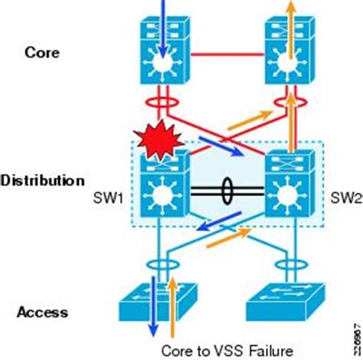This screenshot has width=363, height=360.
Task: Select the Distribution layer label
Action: click(42, 181)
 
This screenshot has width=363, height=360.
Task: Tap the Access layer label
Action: click(44, 312)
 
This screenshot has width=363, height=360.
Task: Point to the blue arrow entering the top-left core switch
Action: click(162, 11)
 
